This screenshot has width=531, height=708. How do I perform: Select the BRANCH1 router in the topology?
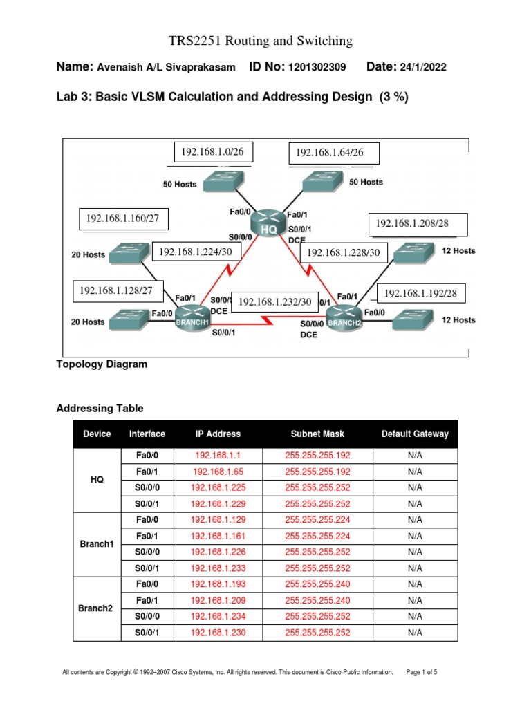click(x=190, y=319)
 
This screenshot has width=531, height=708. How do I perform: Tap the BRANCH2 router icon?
click(x=344, y=319)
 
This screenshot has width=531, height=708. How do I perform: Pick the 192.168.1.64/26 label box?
click(x=329, y=153)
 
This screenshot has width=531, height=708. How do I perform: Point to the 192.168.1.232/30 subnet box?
click(x=274, y=302)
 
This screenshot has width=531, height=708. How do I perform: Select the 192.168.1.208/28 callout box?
click(x=418, y=224)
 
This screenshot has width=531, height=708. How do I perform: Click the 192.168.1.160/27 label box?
click(x=122, y=218)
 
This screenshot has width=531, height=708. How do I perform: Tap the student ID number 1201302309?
click(x=316, y=67)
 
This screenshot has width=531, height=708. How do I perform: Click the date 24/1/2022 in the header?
click(x=422, y=67)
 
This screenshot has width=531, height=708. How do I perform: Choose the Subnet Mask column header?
click(x=317, y=434)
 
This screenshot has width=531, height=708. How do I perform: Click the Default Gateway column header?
click(x=415, y=434)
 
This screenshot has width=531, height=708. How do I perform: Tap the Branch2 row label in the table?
click(x=96, y=608)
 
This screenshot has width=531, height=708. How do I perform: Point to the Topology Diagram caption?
click(x=102, y=364)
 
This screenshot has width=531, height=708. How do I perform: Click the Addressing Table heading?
click(x=100, y=409)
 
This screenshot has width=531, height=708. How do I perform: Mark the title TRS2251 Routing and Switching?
click(x=261, y=41)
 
